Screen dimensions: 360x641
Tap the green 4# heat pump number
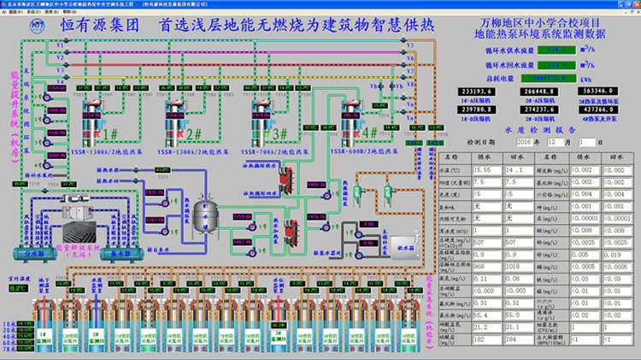click(368, 133)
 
